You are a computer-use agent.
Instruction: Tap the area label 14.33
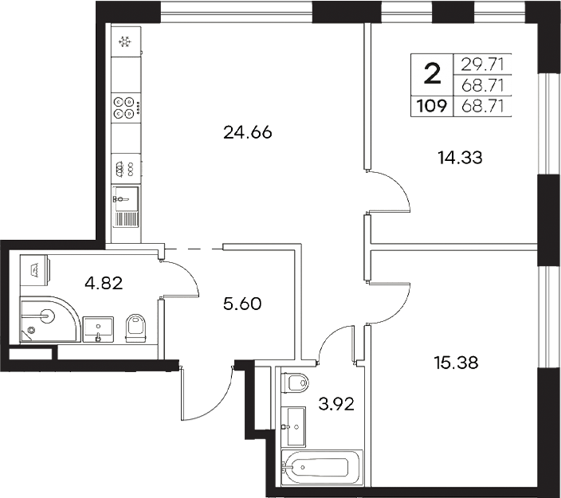pos(461,158)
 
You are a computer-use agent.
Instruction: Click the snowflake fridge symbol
pos(124,42)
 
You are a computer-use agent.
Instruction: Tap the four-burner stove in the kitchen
pos(124,108)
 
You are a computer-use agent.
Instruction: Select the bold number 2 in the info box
pos(431,75)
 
